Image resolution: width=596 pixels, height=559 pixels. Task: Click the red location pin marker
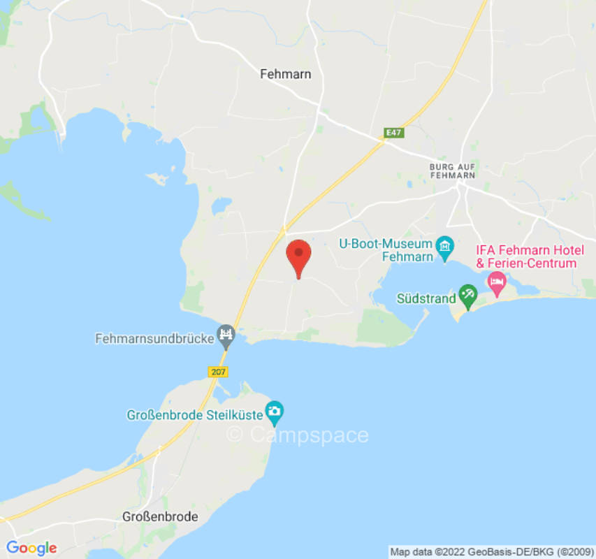coord(299,256)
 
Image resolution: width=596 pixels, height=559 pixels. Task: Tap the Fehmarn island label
coord(285,73)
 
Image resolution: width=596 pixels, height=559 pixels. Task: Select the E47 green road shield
coord(393,131)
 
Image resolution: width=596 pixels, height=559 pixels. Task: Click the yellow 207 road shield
coord(218,372)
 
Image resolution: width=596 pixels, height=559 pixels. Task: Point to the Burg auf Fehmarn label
coord(452,170)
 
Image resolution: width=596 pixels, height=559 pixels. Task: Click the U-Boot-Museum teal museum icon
coord(444,247)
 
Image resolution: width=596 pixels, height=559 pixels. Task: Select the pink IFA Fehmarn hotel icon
coord(497,283)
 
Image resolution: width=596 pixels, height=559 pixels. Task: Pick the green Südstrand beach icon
coord(467,296)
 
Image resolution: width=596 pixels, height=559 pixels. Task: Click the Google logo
coord(31,549)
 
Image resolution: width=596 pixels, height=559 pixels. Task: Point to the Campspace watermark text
coord(298,435)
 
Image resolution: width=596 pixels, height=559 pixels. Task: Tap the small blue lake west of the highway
coord(221,205)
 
